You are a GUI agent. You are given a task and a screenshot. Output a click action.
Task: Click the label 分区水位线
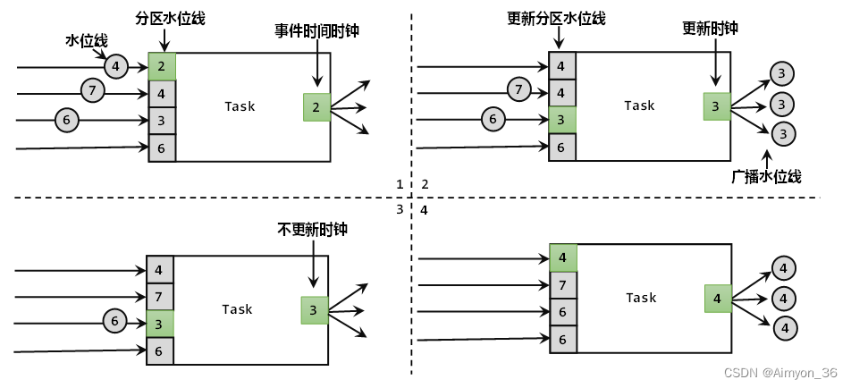click(x=170, y=18)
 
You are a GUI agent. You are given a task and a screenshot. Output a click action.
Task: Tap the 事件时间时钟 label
click(x=317, y=30)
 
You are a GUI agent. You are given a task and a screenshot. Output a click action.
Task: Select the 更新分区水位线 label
click(x=555, y=18)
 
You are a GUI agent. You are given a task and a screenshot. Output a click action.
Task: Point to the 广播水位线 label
click(x=765, y=176)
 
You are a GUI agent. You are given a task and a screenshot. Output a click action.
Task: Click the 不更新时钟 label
click(x=312, y=230)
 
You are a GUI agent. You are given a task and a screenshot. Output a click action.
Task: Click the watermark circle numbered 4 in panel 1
click(x=116, y=65)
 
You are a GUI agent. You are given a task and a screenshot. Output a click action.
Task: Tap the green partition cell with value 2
click(x=162, y=67)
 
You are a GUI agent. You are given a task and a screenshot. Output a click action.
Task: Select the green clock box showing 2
click(x=316, y=107)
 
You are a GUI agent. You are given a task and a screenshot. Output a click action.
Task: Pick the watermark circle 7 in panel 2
click(x=517, y=89)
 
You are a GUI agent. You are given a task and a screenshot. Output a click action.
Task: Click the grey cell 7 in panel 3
click(x=160, y=296)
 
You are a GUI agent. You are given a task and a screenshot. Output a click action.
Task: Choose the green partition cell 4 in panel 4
click(x=562, y=258)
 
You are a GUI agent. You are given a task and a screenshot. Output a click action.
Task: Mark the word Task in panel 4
click(x=641, y=298)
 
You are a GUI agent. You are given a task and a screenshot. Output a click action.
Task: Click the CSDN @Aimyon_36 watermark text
click(x=779, y=373)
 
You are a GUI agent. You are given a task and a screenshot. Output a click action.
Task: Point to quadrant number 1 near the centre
click(x=400, y=184)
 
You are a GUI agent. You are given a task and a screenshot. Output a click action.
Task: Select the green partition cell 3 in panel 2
click(x=562, y=120)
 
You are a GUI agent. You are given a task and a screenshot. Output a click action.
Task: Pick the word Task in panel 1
click(x=240, y=106)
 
